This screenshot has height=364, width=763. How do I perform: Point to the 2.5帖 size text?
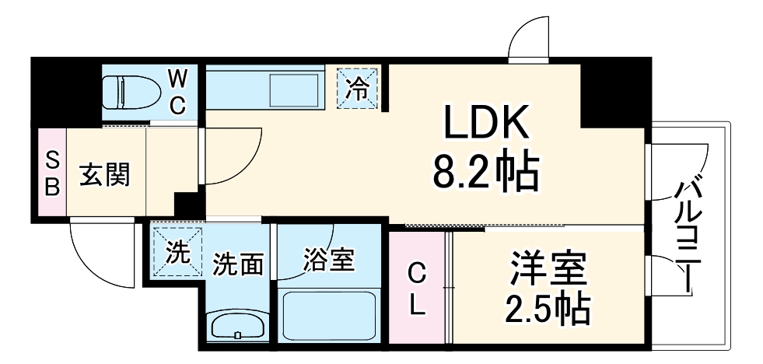point(549,310)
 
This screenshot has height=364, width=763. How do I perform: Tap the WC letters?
point(178,92)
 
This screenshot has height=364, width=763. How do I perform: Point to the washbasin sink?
point(238,326)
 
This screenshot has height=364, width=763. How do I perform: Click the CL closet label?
point(418,289)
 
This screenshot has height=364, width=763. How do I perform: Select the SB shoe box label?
point(51,173)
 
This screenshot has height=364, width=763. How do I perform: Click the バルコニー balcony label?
point(688,233)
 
